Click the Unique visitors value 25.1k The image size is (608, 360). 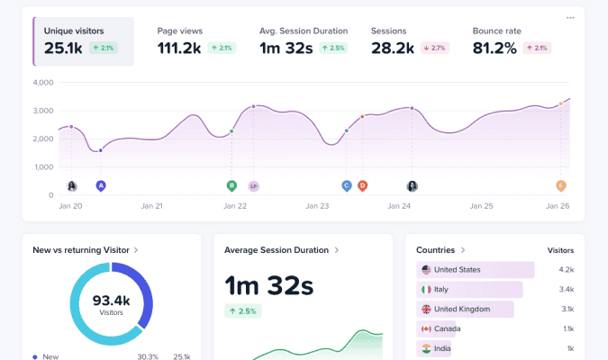[63, 48]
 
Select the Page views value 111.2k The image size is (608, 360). [179, 48]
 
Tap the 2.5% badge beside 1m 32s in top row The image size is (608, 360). [334, 48]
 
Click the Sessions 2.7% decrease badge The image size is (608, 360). [435, 48]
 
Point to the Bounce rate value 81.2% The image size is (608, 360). [495, 48]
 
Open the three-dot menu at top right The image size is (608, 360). [570, 17]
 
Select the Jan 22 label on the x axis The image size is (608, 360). [235, 206]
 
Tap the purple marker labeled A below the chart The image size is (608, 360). [101, 186]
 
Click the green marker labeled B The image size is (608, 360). [231, 186]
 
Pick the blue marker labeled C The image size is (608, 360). [346, 186]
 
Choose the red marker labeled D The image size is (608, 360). [362, 186]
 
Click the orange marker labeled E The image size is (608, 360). [560, 186]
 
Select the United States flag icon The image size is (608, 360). [425, 270]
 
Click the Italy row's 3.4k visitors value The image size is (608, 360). [566, 290]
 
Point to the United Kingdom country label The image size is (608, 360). [462, 309]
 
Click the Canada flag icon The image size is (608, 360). [425, 328]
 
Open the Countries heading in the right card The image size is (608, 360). [437, 250]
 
